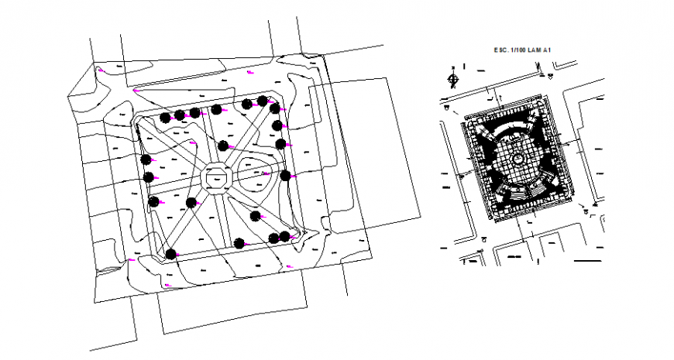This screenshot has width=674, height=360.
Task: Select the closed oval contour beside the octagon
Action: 255,177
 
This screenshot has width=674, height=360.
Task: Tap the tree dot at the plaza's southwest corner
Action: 170,252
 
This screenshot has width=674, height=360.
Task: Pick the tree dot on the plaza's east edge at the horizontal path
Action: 286,176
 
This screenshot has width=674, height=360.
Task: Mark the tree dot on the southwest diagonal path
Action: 191,203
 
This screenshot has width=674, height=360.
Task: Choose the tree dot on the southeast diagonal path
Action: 256,215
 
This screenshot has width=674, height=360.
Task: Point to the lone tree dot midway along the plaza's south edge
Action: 239,242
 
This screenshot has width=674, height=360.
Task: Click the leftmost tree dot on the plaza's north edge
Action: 165,118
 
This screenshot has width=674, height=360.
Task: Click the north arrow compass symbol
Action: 453,77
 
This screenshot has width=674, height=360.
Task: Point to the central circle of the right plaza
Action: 517,159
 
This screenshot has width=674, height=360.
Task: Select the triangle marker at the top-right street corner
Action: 549,76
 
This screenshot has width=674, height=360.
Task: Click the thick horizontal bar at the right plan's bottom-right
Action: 587,261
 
